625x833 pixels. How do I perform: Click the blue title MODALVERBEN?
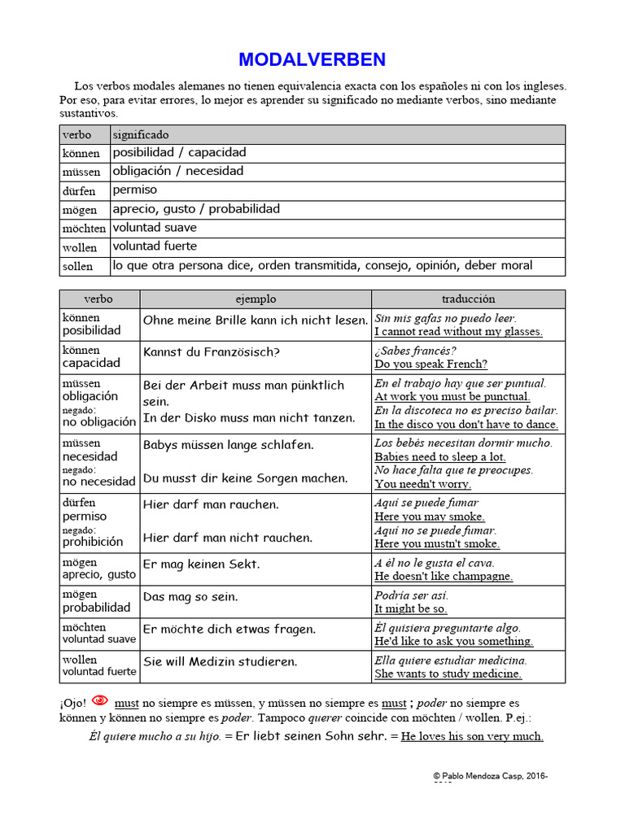pos(312,59)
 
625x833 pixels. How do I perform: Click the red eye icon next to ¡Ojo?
pos(99,700)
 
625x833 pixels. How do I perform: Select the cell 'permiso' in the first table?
pos(135,190)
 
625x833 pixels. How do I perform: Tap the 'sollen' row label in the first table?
pos(78,266)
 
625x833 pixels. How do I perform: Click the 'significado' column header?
pos(141,134)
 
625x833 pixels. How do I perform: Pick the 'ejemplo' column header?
pos(256,299)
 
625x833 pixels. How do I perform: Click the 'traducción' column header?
pos(468,299)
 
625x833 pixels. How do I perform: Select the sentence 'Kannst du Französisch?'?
pos(212,352)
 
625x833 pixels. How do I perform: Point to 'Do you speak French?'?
pos(431,364)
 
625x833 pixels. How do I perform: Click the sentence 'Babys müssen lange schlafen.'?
pos(229,445)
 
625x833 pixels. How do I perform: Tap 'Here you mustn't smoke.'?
pos(437,543)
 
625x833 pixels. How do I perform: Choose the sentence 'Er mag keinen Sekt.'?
pos(202,564)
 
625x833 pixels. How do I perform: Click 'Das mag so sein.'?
pos(190,596)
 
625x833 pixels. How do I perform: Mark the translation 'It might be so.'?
pos(410,608)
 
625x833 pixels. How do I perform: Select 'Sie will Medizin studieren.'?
pos(221,661)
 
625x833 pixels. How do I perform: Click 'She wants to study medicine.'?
pos(448,674)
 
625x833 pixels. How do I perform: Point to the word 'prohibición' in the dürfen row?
pos(93,542)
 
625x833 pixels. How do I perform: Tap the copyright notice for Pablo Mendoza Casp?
pos(490,777)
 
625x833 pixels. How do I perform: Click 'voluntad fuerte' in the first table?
pos(155,246)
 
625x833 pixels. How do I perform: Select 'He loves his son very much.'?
pos(472,736)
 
